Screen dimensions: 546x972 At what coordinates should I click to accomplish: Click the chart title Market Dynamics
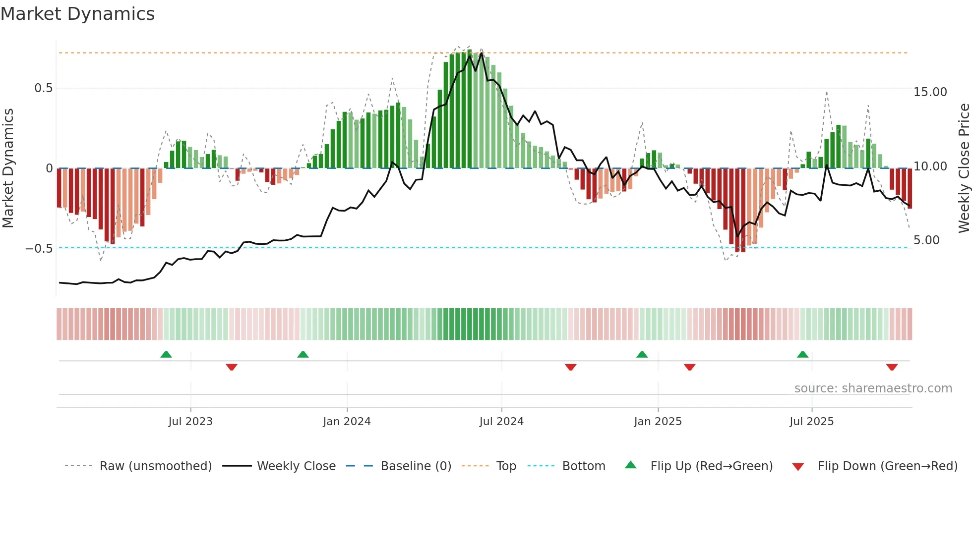pyautogui.click(x=77, y=14)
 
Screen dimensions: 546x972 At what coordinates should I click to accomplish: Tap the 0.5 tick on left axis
pyautogui.click(x=43, y=88)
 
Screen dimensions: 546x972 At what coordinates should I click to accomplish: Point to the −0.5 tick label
pyautogui.click(x=39, y=248)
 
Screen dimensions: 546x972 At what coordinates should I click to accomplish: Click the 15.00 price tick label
pyautogui.click(x=930, y=92)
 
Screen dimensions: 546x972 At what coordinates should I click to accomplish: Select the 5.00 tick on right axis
pyautogui.click(x=926, y=240)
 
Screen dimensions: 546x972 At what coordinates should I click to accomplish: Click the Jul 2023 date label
pyautogui.click(x=190, y=422)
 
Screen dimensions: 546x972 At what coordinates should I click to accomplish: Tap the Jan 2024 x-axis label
pyautogui.click(x=347, y=422)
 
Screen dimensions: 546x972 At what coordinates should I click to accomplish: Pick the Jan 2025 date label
pyautogui.click(x=658, y=422)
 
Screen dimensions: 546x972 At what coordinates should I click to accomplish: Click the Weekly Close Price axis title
pyautogui.click(x=964, y=168)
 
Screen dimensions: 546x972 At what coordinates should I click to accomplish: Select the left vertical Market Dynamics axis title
pyautogui.click(x=8, y=168)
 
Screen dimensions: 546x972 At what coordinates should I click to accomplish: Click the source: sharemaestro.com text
pyautogui.click(x=873, y=388)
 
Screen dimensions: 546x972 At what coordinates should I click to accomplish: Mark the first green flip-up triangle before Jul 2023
pyautogui.click(x=166, y=354)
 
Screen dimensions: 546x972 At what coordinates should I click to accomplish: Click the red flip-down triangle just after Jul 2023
pyautogui.click(x=232, y=367)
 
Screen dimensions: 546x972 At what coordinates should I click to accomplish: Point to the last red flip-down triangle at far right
pyautogui.click(x=892, y=367)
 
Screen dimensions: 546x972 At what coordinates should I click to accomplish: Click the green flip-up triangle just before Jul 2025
pyautogui.click(x=802, y=354)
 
